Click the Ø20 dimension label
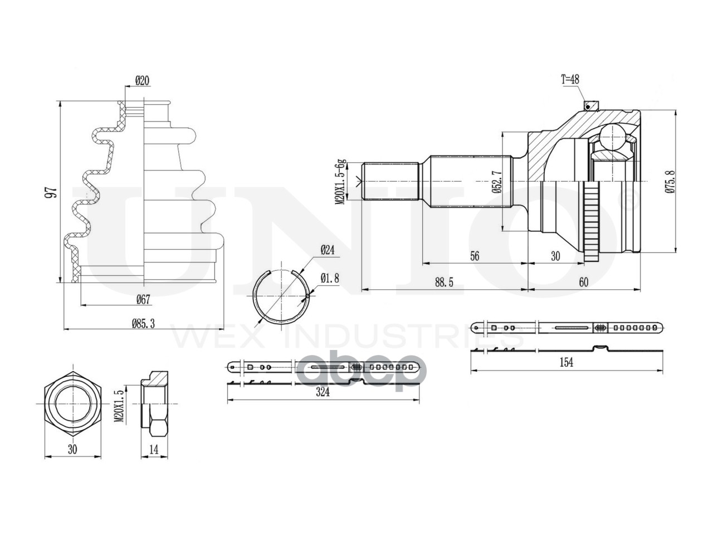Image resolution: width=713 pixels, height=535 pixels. tap(142, 80)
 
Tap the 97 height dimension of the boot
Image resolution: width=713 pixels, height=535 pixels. tap(52, 192)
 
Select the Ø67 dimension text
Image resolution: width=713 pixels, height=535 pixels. tap(143, 299)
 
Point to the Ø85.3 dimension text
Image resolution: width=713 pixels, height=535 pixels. tap(143, 323)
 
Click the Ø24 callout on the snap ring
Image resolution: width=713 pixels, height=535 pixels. tap(327, 250)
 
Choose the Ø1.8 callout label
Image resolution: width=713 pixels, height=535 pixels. tap(329, 279)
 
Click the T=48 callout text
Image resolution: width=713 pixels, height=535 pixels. tap(570, 80)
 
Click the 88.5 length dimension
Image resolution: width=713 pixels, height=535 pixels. tap(444, 283)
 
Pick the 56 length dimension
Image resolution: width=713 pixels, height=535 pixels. tap(475, 256)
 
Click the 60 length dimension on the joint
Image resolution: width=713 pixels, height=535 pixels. tap(584, 283)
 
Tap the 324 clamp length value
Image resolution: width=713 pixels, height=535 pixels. tap(323, 392)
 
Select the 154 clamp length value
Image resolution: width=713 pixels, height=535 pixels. tap(567, 362)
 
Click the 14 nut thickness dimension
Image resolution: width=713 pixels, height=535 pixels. tap(154, 450)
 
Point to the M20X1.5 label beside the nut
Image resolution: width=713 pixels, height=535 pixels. tap(120, 406)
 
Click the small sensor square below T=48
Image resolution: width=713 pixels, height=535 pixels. tap(587, 106)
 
